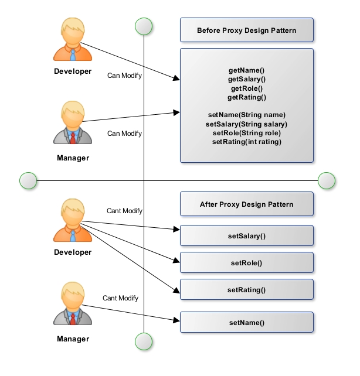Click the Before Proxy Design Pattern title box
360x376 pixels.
coord(246,30)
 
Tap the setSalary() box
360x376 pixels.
coord(246,236)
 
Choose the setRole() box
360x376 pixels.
coord(246,263)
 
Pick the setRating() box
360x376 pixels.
coord(246,290)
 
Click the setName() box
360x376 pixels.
coord(246,322)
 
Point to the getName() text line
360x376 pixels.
coord(247,70)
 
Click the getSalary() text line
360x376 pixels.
coord(247,79)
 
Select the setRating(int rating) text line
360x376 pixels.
coord(247,142)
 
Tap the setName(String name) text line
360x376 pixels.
coord(247,115)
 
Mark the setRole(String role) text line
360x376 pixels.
coord(247,133)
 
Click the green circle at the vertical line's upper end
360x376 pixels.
coord(144,26)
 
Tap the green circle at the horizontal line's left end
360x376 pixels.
coord(28,181)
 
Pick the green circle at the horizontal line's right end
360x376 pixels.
coord(327,181)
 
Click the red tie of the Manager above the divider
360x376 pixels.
coord(73,137)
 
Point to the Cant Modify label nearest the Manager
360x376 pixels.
coord(120,298)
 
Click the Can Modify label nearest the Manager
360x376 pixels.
coord(124,134)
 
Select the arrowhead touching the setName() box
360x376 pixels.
coord(176,320)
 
